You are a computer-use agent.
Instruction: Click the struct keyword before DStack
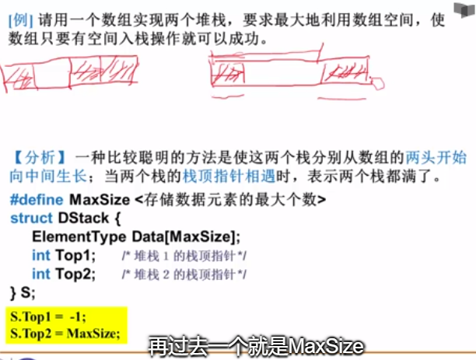point(32,218)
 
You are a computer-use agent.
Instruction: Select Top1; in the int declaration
point(75,256)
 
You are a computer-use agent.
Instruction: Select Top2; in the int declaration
point(75,274)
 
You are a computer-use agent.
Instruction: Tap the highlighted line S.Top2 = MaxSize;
point(64,334)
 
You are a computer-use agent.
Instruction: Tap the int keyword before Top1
point(41,256)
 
